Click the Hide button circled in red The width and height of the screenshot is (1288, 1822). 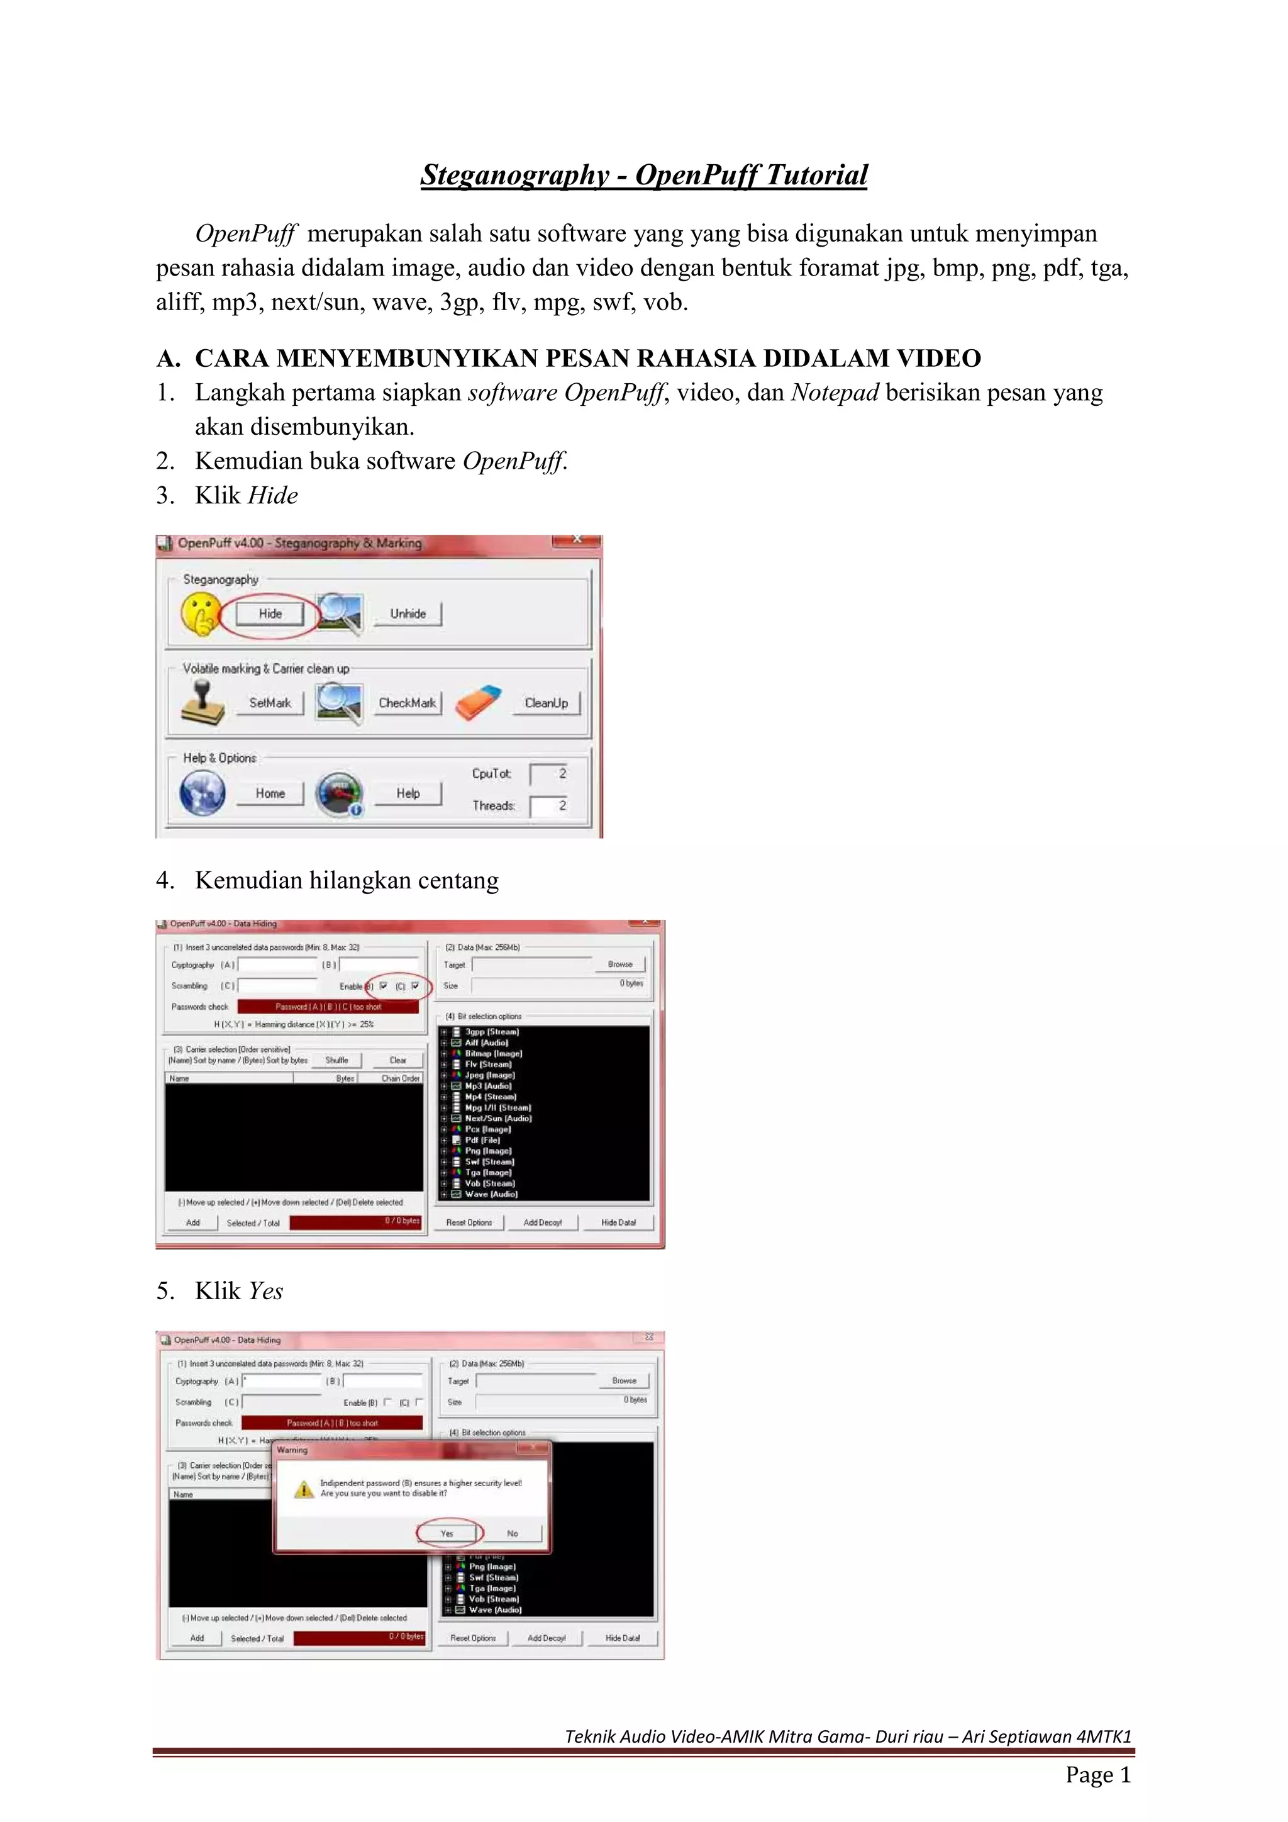pos(270,613)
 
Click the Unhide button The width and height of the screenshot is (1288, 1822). pos(408,613)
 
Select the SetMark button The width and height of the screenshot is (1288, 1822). pos(270,702)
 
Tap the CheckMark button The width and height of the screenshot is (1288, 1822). pos(407,702)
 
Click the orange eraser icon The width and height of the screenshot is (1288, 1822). pos(478,702)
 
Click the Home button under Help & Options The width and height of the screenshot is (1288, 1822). pos(270,793)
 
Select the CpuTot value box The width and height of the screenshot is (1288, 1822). pos(549,774)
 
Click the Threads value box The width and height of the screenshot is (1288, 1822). pos(549,805)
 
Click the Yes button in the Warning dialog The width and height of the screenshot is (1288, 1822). pos(447,1533)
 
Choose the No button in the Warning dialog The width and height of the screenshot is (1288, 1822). pos(513,1533)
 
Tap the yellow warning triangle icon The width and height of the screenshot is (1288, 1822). pos(304,1490)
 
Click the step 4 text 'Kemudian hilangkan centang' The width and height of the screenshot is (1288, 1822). pos(347,880)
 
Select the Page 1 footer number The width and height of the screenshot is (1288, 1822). pos(1097,1774)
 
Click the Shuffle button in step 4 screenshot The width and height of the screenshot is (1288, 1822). pos(337,1060)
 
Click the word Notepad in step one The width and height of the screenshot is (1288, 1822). pos(835,392)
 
